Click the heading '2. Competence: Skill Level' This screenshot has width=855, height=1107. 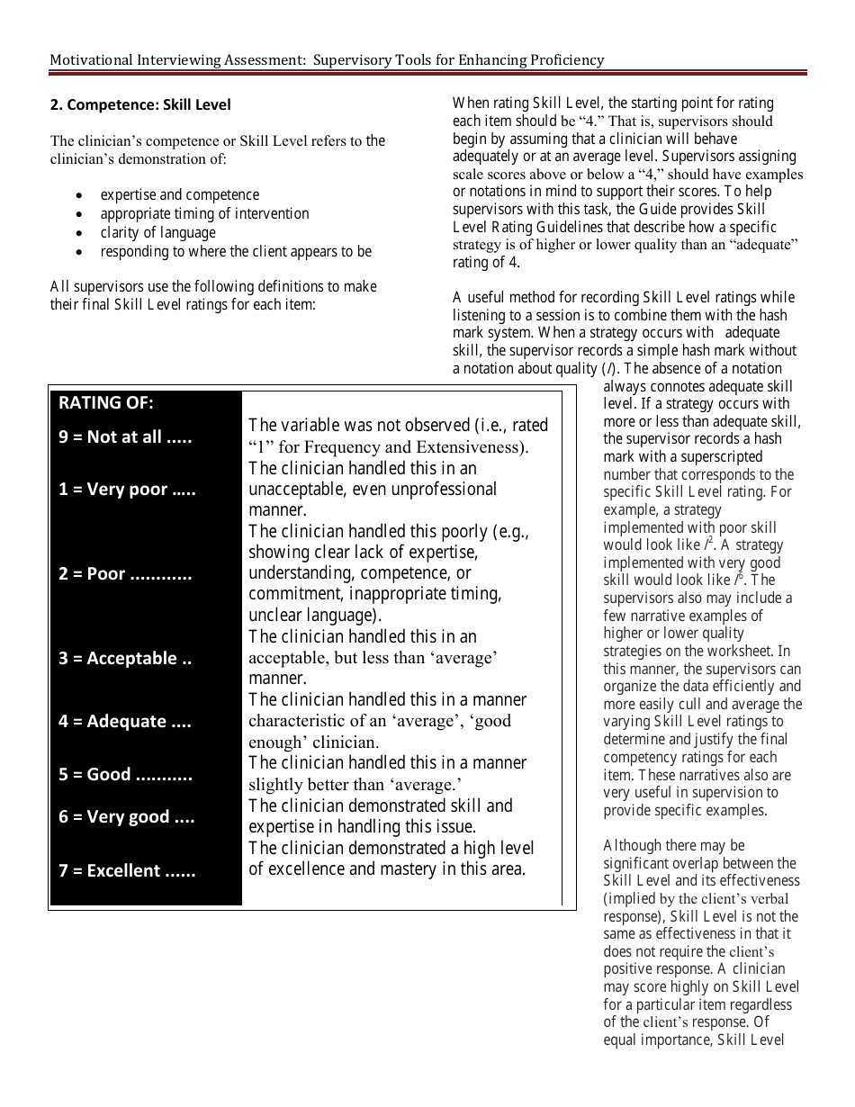[140, 105]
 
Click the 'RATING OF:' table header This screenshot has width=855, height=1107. [106, 402]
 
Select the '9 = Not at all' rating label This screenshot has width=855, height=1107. [125, 437]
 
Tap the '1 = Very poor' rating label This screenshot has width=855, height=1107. [127, 490]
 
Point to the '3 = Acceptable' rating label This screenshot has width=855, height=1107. [125, 658]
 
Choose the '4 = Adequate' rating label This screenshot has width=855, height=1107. [125, 721]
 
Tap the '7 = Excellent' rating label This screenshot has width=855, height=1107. [127, 870]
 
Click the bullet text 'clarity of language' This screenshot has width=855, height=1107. [157, 232]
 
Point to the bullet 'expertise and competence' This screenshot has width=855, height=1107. [179, 194]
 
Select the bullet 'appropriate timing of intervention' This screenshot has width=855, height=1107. [204, 213]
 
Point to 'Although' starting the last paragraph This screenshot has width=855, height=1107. [631, 845]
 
